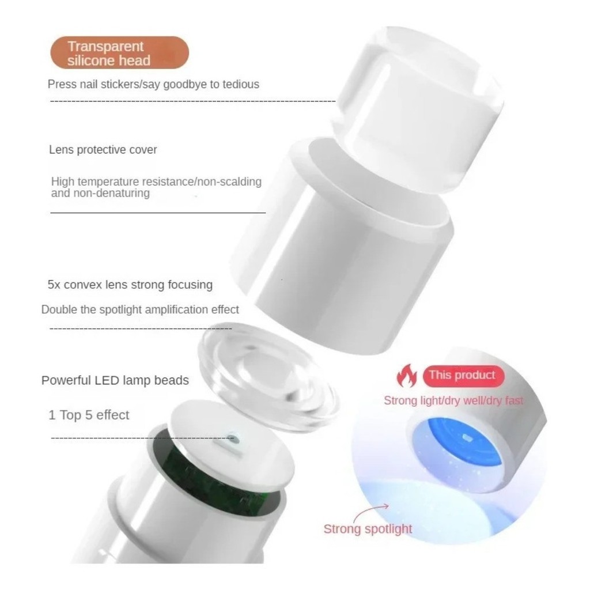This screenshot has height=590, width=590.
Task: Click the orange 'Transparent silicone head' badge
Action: [120, 52]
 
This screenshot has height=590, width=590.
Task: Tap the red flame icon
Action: [407, 376]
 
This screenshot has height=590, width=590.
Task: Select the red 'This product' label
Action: [463, 376]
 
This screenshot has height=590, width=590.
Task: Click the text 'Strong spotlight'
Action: [368, 529]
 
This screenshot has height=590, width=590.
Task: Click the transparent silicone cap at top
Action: [418, 109]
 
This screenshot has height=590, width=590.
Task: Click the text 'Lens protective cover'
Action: [103, 150]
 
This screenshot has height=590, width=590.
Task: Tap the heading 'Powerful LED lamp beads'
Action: [115, 380]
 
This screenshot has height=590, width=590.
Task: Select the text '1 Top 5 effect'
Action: [89, 415]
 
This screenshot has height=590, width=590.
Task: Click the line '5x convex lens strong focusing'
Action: [130, 285]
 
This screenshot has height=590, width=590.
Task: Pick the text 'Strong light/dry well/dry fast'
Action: [453, 401]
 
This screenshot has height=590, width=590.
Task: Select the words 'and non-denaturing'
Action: [100, 193]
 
